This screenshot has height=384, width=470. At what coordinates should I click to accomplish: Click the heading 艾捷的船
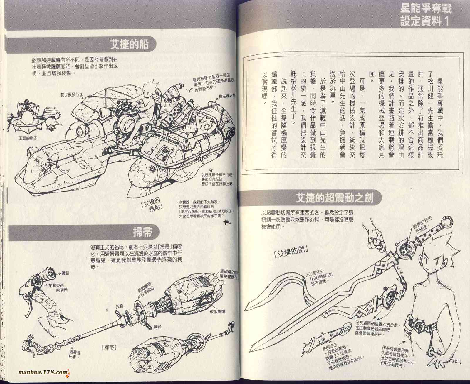pos(130,45)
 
